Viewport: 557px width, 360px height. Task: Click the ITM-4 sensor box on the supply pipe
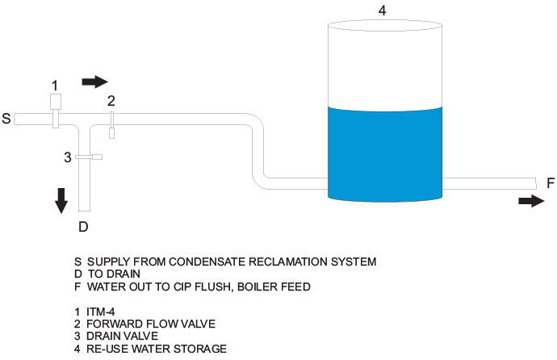pyautogui.click(x=56, y=102)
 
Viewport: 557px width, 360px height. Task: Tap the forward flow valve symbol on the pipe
pyautogui.click(x=112, y=124)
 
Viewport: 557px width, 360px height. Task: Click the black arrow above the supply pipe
pyautogui.click(x=94, y=82)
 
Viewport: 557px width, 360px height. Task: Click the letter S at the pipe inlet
pyautogui.click(x=6, y=119)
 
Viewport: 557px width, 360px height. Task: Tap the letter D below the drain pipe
pyautogui.click(x=82, y=226)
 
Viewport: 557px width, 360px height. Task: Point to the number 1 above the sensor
pyautogui.click(x=55, y=85)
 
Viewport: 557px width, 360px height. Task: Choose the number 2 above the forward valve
pyautogui.click(x=111, y=101)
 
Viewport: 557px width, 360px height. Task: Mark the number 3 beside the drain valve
pyautogui.click(x=69, y=157)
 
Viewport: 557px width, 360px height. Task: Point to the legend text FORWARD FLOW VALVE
pyautogui.click(x=140, y=323)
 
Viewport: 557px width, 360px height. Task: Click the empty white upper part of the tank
pyautogui.click(x=385, y=65)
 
